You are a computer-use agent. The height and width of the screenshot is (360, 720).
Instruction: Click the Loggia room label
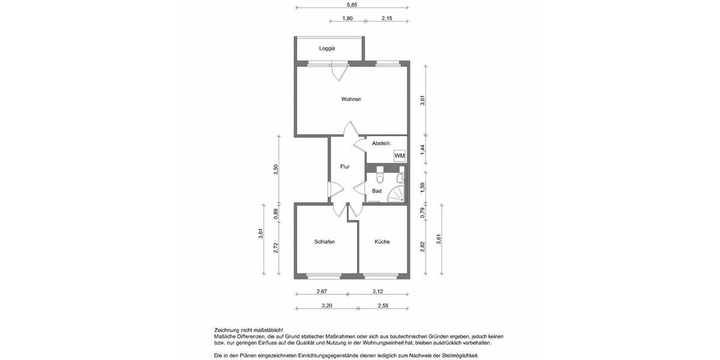tap(327, 49)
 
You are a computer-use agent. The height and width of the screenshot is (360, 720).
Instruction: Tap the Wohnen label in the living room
tap(351, 99)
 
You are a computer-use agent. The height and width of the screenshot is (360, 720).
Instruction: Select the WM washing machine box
tap(400, 156)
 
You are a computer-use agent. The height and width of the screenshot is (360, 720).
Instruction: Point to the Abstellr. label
tap(382, 143)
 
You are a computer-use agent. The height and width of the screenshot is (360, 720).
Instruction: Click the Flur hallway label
tap(344, 167)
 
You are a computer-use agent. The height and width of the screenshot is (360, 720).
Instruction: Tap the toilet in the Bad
tap(379, 178)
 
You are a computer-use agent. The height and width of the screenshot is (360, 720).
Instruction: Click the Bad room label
tap(377, 191)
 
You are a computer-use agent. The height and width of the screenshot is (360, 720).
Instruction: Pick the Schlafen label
tap(324, 242)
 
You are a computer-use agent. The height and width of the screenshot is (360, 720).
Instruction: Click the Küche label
tap(382, 242)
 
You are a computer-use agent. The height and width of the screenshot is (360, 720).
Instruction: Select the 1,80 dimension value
tap(347, 19)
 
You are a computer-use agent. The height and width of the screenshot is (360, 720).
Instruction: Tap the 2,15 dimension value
tap(387, 19)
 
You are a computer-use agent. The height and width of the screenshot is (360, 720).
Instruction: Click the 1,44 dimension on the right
tap(422, 150)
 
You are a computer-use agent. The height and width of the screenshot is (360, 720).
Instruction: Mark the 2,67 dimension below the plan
tap(322, 292)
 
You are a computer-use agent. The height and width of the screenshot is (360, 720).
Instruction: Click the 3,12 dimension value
tap(378, 292)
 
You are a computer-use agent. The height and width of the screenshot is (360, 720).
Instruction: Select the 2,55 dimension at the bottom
tap(383, 305)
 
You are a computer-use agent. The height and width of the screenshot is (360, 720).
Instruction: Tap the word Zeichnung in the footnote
tap(228, 331)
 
